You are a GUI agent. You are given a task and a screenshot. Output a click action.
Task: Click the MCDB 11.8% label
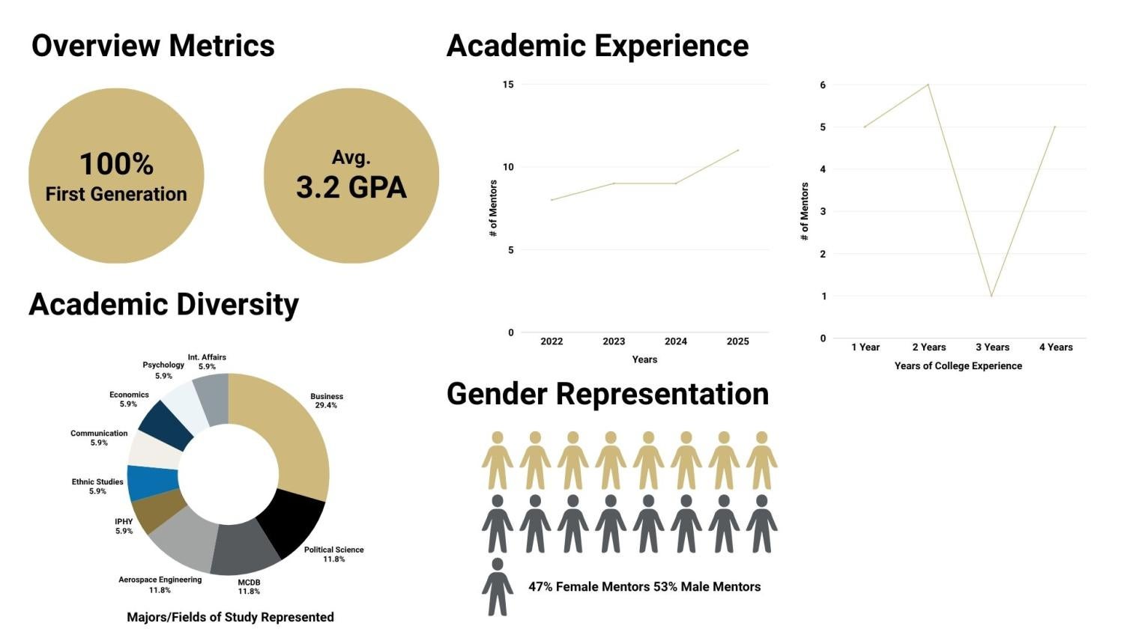click(x=249, y=586)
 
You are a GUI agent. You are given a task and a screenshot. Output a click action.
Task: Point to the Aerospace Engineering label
click(x=160, y=580)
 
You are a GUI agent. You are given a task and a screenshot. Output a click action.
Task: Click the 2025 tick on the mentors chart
click(x=737, y=341)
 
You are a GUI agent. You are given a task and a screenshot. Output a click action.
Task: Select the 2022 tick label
click(x=552, y=341)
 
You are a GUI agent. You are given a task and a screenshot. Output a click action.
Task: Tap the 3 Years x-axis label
click(x=992, y=347)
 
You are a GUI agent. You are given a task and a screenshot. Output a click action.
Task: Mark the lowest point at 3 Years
click(x=991, y=297)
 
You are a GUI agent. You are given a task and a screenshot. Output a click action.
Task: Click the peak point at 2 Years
click(x=928, y=85)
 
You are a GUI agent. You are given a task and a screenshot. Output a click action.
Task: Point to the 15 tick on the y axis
click(x=508, y=85)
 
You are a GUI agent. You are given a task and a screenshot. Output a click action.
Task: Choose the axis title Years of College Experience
click(x=958, y=366)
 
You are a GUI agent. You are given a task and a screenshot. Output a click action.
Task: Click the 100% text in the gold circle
click(x=116, y=164)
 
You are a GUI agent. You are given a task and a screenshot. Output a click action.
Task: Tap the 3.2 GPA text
click(x=351, y=187)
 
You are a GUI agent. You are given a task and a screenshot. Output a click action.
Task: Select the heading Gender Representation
click(x=608, y=394)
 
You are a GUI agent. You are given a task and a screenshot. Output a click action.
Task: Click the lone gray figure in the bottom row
click(x=498, y=586)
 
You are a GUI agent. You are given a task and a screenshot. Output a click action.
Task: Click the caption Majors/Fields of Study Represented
click(x=230, y=617)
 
